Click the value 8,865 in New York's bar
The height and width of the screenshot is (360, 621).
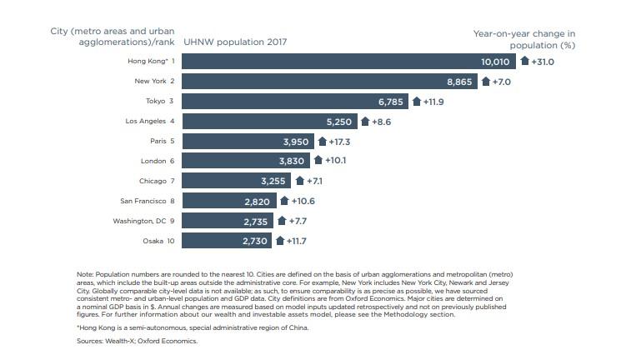[x=462, y=82]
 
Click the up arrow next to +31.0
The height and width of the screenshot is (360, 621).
[x=524, y=61]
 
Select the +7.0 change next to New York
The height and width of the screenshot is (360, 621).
[x=504, y=82]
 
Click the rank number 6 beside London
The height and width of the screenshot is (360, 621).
[x=173, y=162]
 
